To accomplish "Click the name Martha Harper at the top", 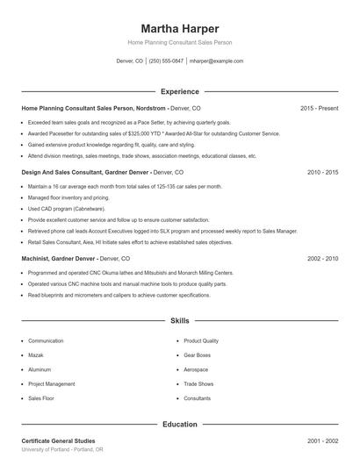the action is point(180,28).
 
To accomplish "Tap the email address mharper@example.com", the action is point(216,61).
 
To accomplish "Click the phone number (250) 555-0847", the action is point(166,61).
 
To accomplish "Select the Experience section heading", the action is point(180,91).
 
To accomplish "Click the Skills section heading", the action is point(180,322).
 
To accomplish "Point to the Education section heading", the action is point(180,425).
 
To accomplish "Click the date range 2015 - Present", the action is point(319,108).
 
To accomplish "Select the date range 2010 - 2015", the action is point(323,173).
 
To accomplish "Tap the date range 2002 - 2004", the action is point(323,259).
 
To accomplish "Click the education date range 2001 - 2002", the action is point(323,440).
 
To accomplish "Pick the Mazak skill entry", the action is point(36,355).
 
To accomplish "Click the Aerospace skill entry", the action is point(196,369).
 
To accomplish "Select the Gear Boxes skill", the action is point(197,355).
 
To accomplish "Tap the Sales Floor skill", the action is point(41,398).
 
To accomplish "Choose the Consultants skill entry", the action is point(197,398).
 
